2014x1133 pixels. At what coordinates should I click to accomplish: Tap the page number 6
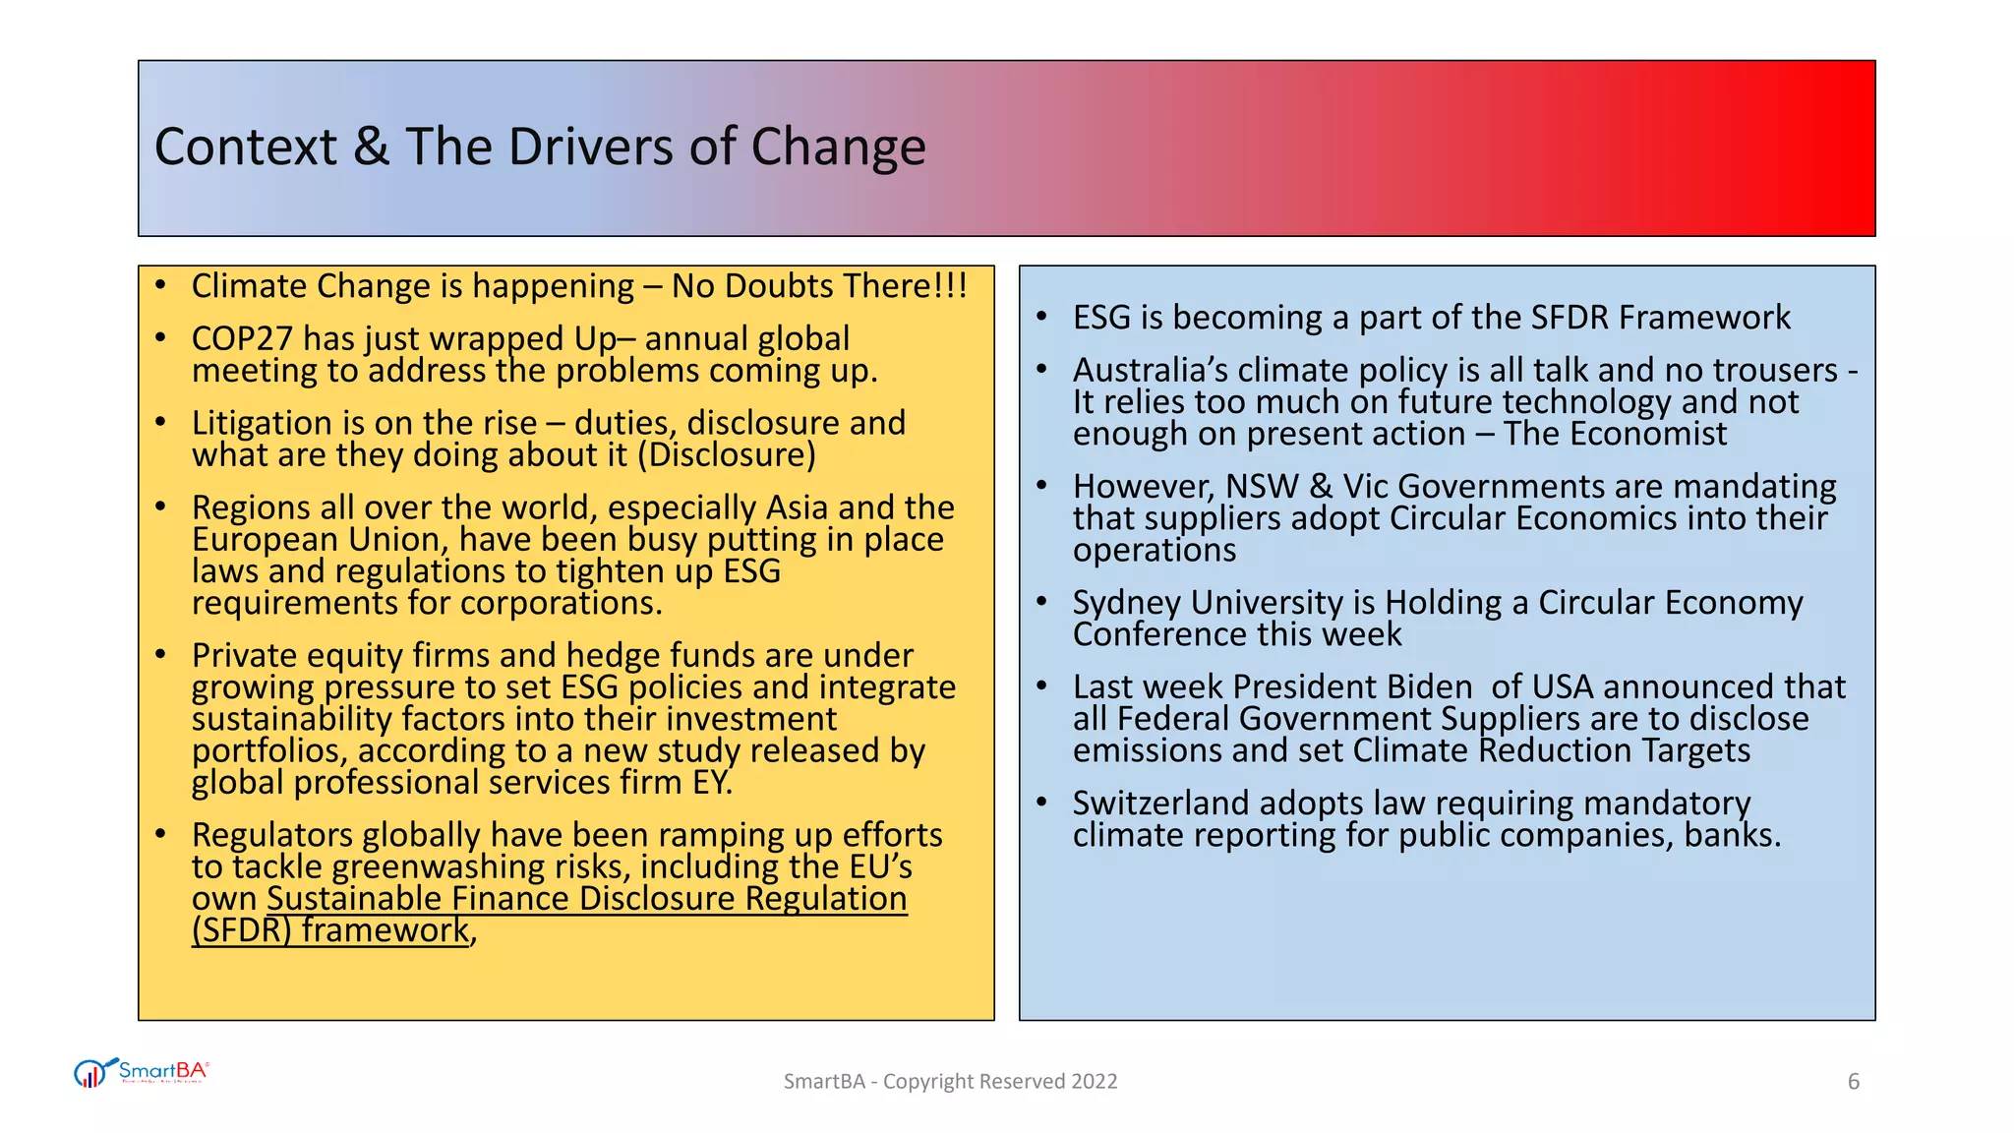(1854, 1082)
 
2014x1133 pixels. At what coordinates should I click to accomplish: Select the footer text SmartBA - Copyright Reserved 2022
(950, 1082)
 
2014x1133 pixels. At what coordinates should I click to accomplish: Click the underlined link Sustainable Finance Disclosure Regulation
(586, 899)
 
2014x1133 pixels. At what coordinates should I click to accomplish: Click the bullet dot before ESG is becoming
(1042, 317)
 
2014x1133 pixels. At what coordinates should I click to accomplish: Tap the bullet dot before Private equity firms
(160, 654)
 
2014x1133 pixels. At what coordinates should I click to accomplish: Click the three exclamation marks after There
(951, 286)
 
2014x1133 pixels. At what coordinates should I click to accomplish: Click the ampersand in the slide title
(372, 148)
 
